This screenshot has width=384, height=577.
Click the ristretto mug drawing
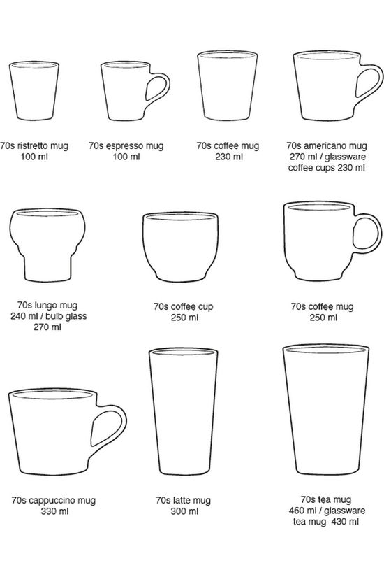[x=34, y=90]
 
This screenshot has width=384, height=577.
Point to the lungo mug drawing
[x=47, y=245]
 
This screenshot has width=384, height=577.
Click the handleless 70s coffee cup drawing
[x=180, y=247]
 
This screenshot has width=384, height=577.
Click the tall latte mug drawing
[x=183, y=411]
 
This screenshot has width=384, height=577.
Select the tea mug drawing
[x=326, y=410]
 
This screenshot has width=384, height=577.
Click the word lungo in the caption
[x=46, y=305]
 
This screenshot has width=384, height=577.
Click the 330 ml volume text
[x=54, y=511]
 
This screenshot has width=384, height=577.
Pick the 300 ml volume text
[x=184, y=511]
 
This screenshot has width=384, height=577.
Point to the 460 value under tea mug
[x=296, y=511]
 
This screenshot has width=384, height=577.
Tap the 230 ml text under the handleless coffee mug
[x=229, y=157]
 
